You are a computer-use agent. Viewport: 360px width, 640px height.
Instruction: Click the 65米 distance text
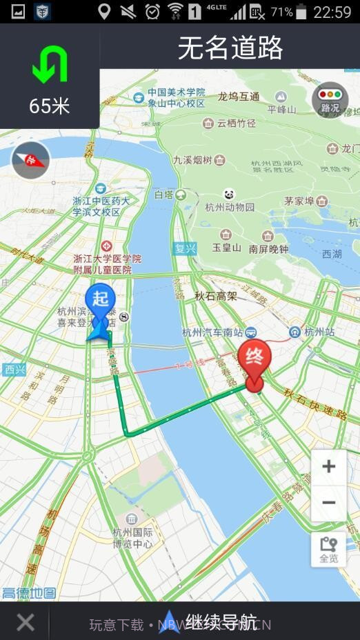pos(50,106)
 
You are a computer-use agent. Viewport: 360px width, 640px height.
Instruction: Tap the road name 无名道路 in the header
pos(230,48)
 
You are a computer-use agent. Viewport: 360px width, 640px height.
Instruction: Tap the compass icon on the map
pos(31,161)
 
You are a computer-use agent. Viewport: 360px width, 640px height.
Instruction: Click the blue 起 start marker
pos(101,303)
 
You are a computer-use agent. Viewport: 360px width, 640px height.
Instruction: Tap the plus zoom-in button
pos(328,467)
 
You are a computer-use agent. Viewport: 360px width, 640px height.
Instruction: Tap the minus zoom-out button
pos(328,502)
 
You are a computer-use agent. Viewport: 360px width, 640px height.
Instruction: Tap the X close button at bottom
pos(26,623)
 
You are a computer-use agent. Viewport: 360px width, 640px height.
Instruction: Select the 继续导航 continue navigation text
pos(221,623)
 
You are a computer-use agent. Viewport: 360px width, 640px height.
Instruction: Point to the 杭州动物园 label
pos(230,207)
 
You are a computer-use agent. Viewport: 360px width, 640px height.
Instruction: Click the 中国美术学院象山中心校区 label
pos(176,97)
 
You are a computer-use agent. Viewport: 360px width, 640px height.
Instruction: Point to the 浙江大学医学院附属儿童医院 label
pos(107,264)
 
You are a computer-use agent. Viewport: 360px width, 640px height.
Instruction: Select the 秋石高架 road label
pos(215,296)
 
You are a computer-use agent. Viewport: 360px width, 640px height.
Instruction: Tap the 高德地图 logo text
pos(29,593)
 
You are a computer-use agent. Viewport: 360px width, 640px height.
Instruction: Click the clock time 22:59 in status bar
pos(332,12)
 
